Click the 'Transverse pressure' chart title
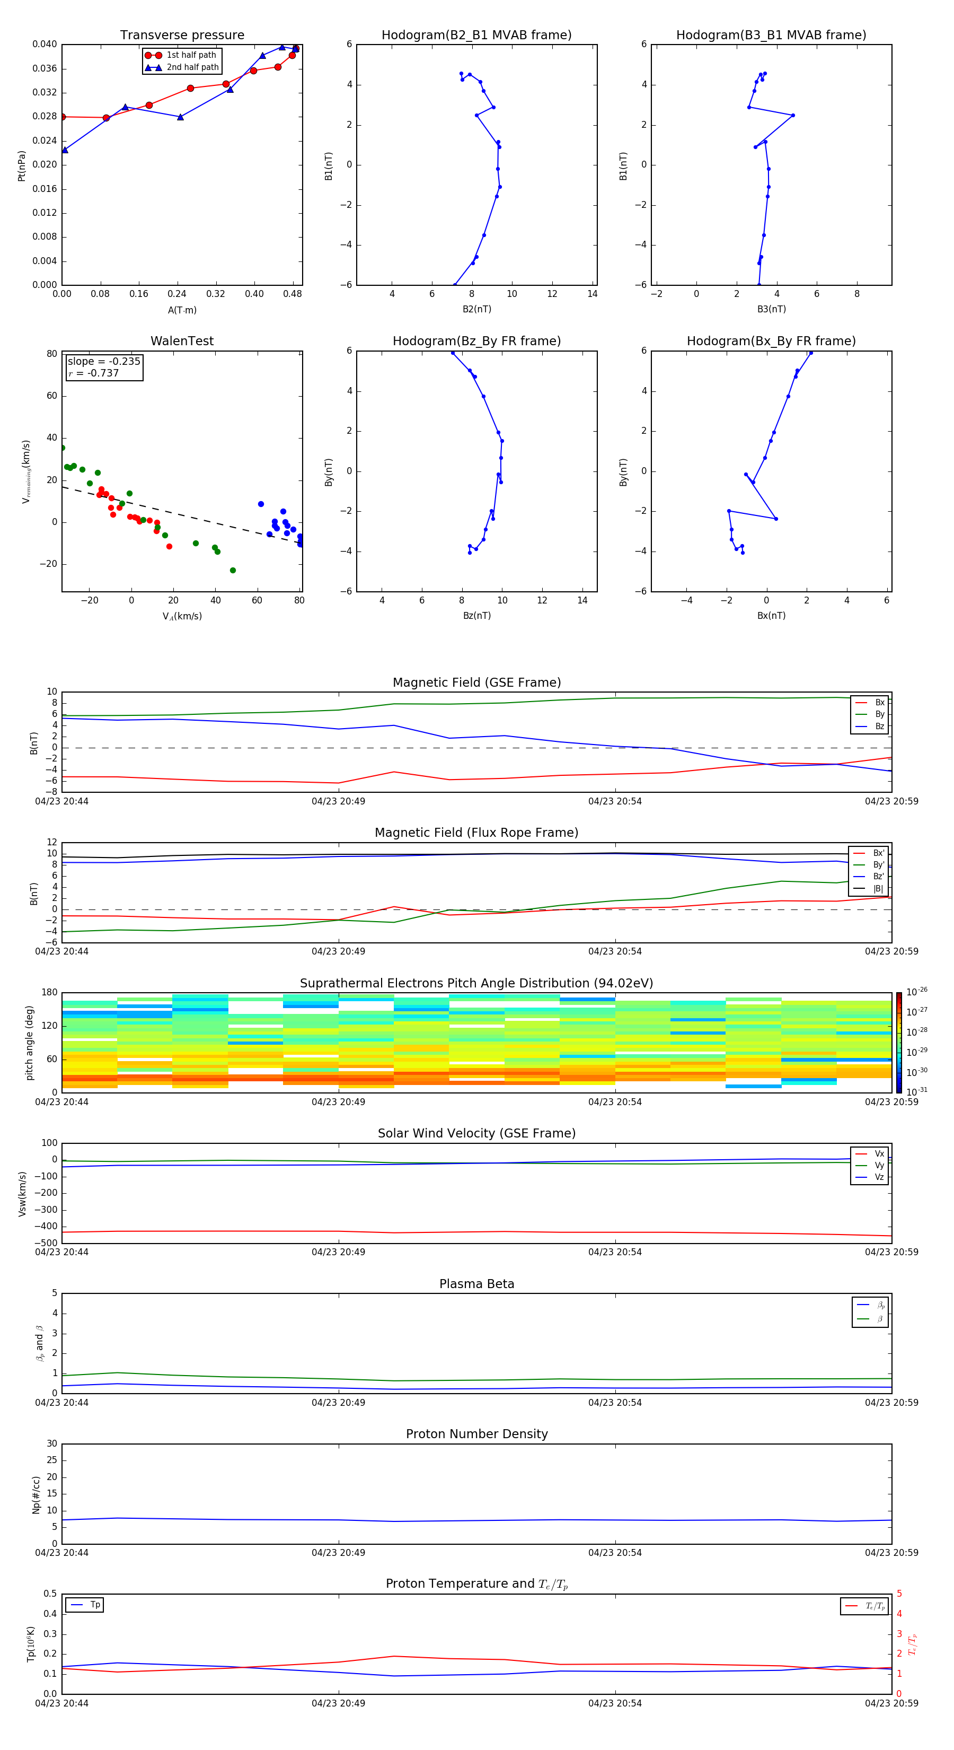click(x=182, y=36)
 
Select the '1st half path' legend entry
click(x=191, y=55)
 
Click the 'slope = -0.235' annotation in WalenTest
click(x=104, y=362)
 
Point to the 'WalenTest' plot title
click(x=182, y=341)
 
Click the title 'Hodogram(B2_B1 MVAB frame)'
click(x=476, y=36)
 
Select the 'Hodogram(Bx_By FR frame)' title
click(x=771, y=341)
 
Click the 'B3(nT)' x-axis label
click(x=771, y=309)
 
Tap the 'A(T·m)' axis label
click(x=182, y=310)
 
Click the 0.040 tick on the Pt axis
click(x=45, y=44)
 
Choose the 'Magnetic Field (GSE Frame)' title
click(x=476, y=682)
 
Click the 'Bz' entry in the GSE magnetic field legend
click(x=879, y=726)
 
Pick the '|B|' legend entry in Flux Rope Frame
click(x=878, y=889)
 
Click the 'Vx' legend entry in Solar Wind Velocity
click(x=879, y=1153)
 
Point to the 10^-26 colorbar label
click(x=916, y=992)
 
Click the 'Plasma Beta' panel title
click(x=476, y=1284)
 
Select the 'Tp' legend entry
click(x=95, y=1605)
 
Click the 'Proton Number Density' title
click(x=476, y=1434)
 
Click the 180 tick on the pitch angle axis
click(x=50, y=993)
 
